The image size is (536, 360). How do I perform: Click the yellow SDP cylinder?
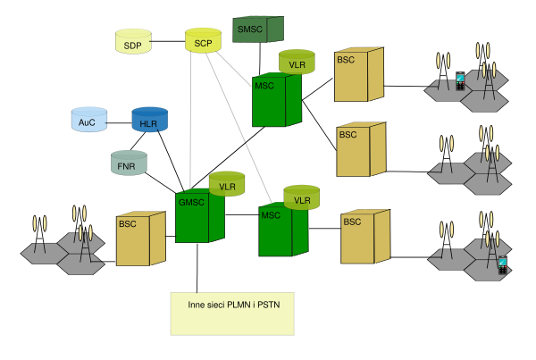pyautogui.click(x=133, y=42)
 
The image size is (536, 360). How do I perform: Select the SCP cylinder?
pyautogui.click(x=203, y=41)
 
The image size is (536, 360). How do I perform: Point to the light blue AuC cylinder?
pyautogui.click(x=88, y=120)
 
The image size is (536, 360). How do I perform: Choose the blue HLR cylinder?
pyautogui.click(x=148, y=121)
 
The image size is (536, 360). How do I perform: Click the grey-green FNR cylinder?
pyautogui.click(x=129, y=163)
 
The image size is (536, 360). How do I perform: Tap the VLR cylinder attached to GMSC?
pyautogui.click(x=227, y=184)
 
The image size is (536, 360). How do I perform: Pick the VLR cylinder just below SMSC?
pyautogui.click(x=297, y=63)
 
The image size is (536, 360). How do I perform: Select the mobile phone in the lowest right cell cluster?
pyautogui.click(x=503, y=264)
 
